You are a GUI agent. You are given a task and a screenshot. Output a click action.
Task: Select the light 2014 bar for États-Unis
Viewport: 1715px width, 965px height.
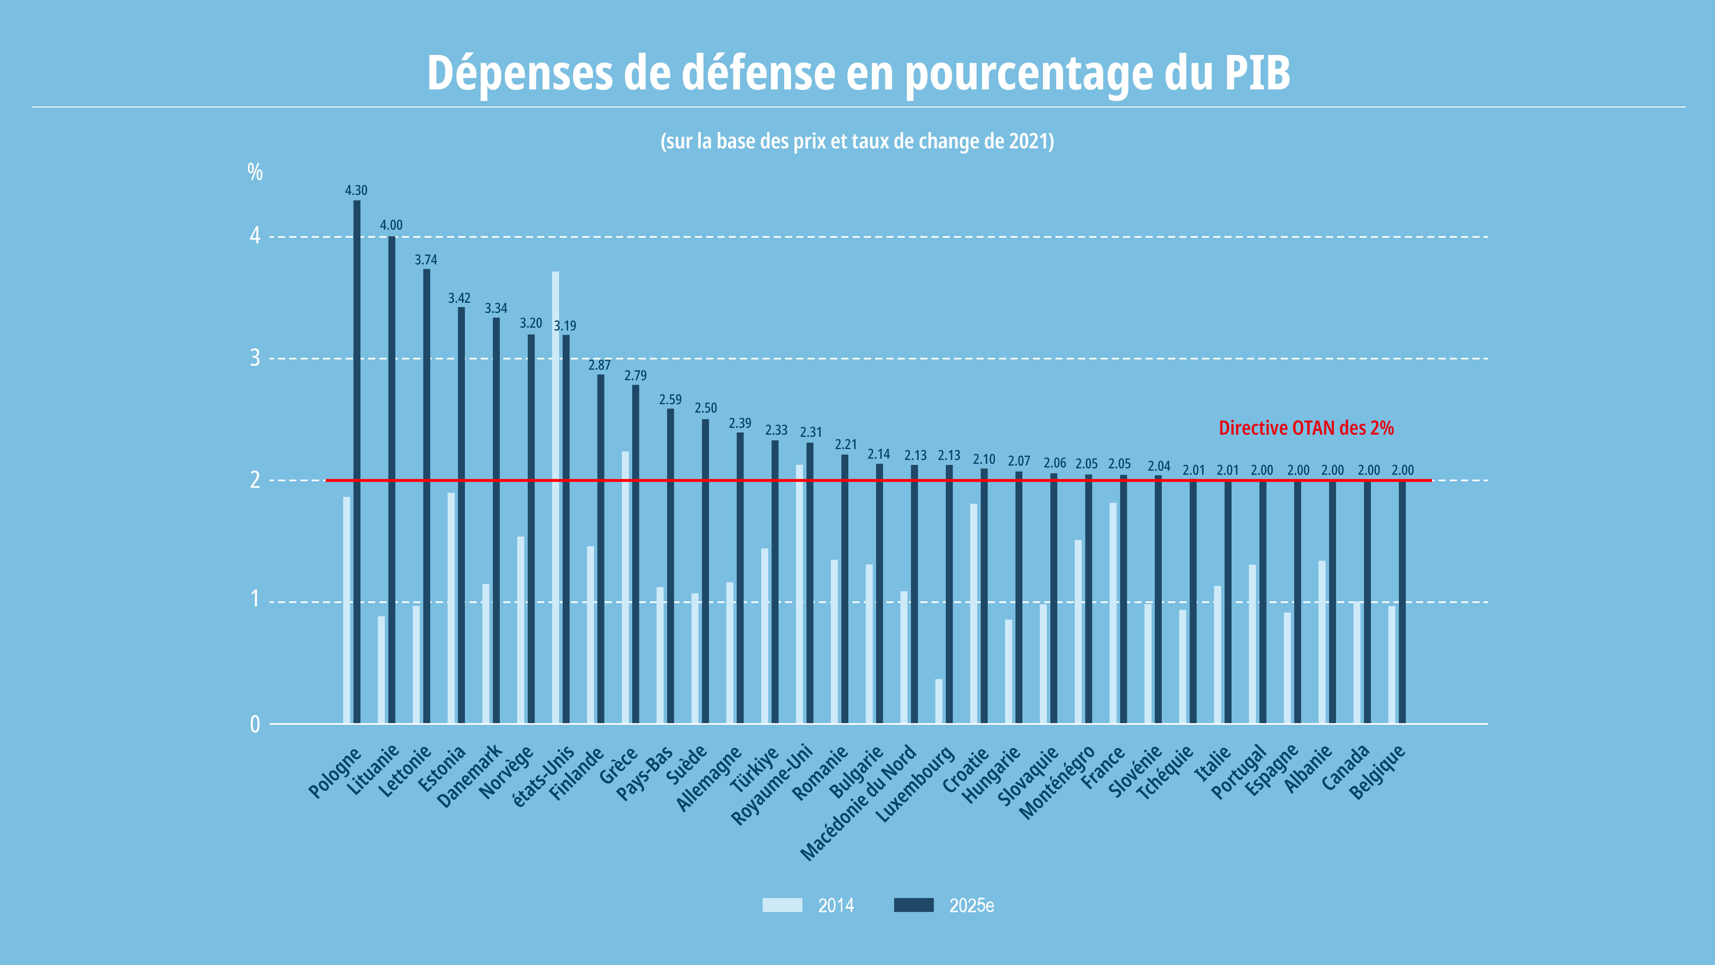pyautogui.click(x=555, y=498)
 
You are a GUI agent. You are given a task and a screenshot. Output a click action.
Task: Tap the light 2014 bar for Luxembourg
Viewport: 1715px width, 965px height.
pyautogui.click(x=939, y=701)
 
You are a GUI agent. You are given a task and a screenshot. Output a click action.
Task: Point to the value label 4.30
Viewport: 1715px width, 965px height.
pyautogui.click(x=356, y=190)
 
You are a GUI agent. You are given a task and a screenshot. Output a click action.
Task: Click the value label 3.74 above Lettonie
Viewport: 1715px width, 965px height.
pyautogui.click(x=426, y=260)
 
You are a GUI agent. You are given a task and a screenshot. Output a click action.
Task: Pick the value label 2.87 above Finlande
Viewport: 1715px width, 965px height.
pyautogui.click(x=599, y=365)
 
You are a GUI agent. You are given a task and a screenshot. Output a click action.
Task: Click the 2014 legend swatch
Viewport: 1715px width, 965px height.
pyautogui.click(x=782, y=905)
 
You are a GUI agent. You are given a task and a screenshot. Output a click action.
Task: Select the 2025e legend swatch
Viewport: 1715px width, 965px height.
pyautogui.click(x=913, y=905)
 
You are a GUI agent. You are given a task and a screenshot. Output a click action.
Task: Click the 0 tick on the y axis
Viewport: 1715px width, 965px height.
pyautogui.click(x=255, y=724)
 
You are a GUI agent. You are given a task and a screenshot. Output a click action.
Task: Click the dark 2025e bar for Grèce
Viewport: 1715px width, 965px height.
pyautogui.click(x=636, y=554)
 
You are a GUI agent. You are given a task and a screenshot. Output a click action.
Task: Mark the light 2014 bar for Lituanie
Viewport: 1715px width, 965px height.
pyautogui.click(x=382, y=670)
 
